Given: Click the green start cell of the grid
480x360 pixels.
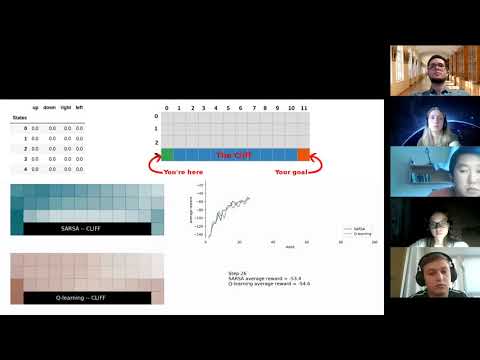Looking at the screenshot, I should point(167,155).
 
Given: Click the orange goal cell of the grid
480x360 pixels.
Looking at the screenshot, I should point(304,155).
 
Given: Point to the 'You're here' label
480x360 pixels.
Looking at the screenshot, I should point(185,171).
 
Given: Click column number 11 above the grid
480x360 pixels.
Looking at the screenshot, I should point(304,106).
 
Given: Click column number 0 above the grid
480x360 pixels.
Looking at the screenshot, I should point(167,106).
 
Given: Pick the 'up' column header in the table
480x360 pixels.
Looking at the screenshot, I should point(36,107).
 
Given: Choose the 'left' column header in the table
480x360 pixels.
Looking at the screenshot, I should point(80,107).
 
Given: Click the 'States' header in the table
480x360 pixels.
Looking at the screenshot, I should point(20,118).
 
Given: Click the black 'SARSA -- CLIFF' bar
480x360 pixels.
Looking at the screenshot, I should point(85,229).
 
